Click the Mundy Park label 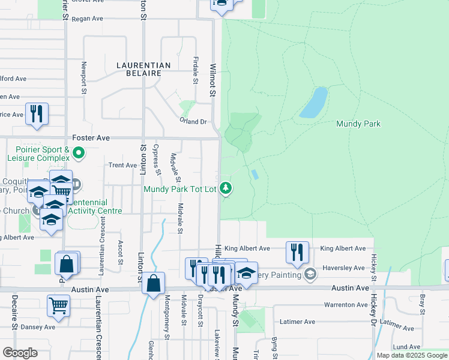point(358,124)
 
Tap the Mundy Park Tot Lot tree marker point(226,189)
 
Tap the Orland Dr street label point(193,121)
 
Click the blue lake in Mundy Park point(313,103)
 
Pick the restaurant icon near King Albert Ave point(297,252)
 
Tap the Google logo point(20,353)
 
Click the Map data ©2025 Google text point(412,355)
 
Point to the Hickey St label point(373,264)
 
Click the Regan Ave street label point(88,19)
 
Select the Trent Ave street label point(122,165)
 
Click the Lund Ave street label point(406,347)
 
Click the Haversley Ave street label point(343,268)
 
